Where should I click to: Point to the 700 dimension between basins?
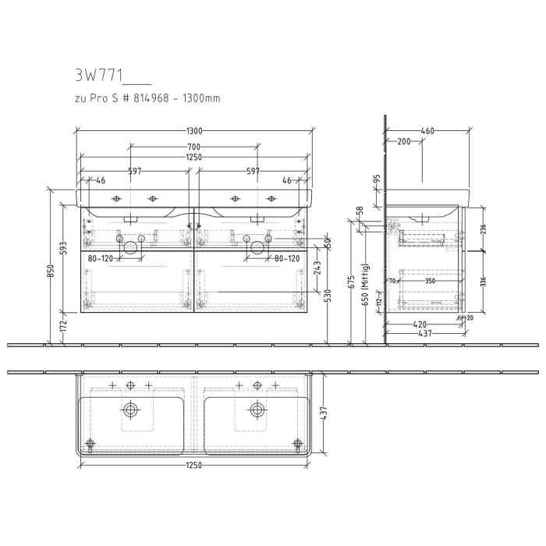[x=193, y=147]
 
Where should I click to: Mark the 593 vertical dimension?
[x=64, y=247]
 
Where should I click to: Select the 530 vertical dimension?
[x=328, y=296]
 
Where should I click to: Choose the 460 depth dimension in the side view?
[x=427, y=131]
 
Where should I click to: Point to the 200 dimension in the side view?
[x=403, y=142]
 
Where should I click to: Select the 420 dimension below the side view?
[x=420, y=324]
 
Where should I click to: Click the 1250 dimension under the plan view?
[x=193, y=466]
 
